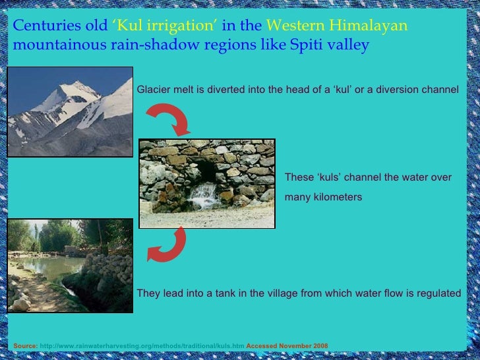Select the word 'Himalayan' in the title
(x=375, y=26)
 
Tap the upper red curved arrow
(x=168, y=118)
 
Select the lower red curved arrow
(x=167, y=245)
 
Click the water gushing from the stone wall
(x=204, y=194)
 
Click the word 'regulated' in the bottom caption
(x=439, y=293)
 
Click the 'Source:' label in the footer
(x=25, y=345)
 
